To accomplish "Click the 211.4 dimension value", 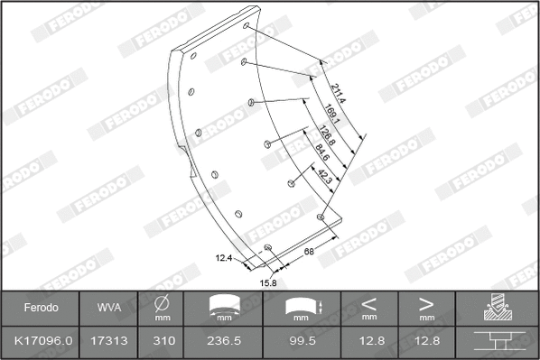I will pyautogui.click(x=338, y=92).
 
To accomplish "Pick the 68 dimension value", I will pyautogui.click(x=309, y=251).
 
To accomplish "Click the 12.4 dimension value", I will pyautogui.click(x=224, y=258).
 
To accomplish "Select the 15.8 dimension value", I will pyautogui.click(x=268, y=282).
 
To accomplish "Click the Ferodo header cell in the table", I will pyautogui.click(x=40, y=307).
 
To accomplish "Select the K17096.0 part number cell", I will pyautogui.click(x=40, y=342).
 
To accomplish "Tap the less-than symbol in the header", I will pyautogui.click(x=368, y=303).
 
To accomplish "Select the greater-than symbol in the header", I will pyautogui.click(x=425, y=303).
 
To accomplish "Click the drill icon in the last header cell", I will pyautogui.click(x=496, y=306).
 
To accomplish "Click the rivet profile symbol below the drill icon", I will pyautogui.click(x=496, y=342).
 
